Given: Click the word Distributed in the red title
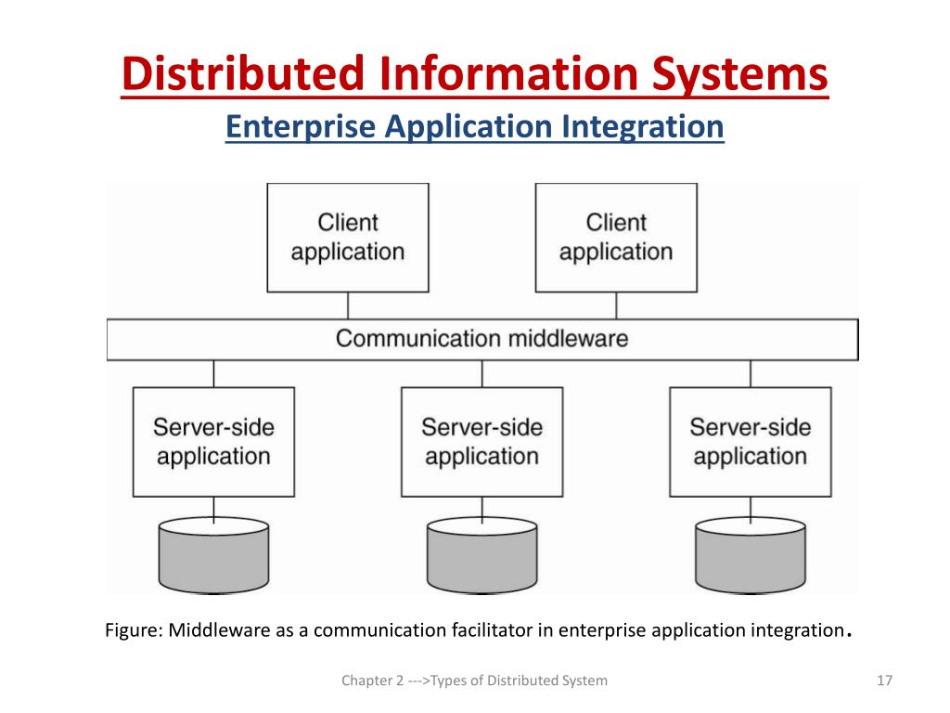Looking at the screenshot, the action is coord(243,74).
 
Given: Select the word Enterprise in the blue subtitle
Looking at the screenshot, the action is coord(301,127).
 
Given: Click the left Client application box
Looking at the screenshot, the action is coord(348,238).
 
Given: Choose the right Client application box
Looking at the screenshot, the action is coord(616,238).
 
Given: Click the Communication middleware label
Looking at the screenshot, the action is coord(482,338).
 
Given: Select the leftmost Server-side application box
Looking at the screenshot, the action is coord(214,442).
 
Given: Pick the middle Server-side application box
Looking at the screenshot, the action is coord(482,442).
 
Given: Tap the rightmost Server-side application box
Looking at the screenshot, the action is coord(751,442).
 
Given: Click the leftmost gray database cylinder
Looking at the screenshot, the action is coord(214,555).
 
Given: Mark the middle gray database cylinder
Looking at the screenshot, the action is coord(482,555).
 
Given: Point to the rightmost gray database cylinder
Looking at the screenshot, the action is coord(751,555).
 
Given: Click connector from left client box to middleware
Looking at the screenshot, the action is coord(348,305).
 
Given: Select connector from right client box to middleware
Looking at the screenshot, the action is coord(616,305).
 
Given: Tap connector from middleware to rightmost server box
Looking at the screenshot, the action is coord(751,373).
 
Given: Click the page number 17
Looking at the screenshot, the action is coord(884,681).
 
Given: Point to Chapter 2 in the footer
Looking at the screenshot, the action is coord(372,681).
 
